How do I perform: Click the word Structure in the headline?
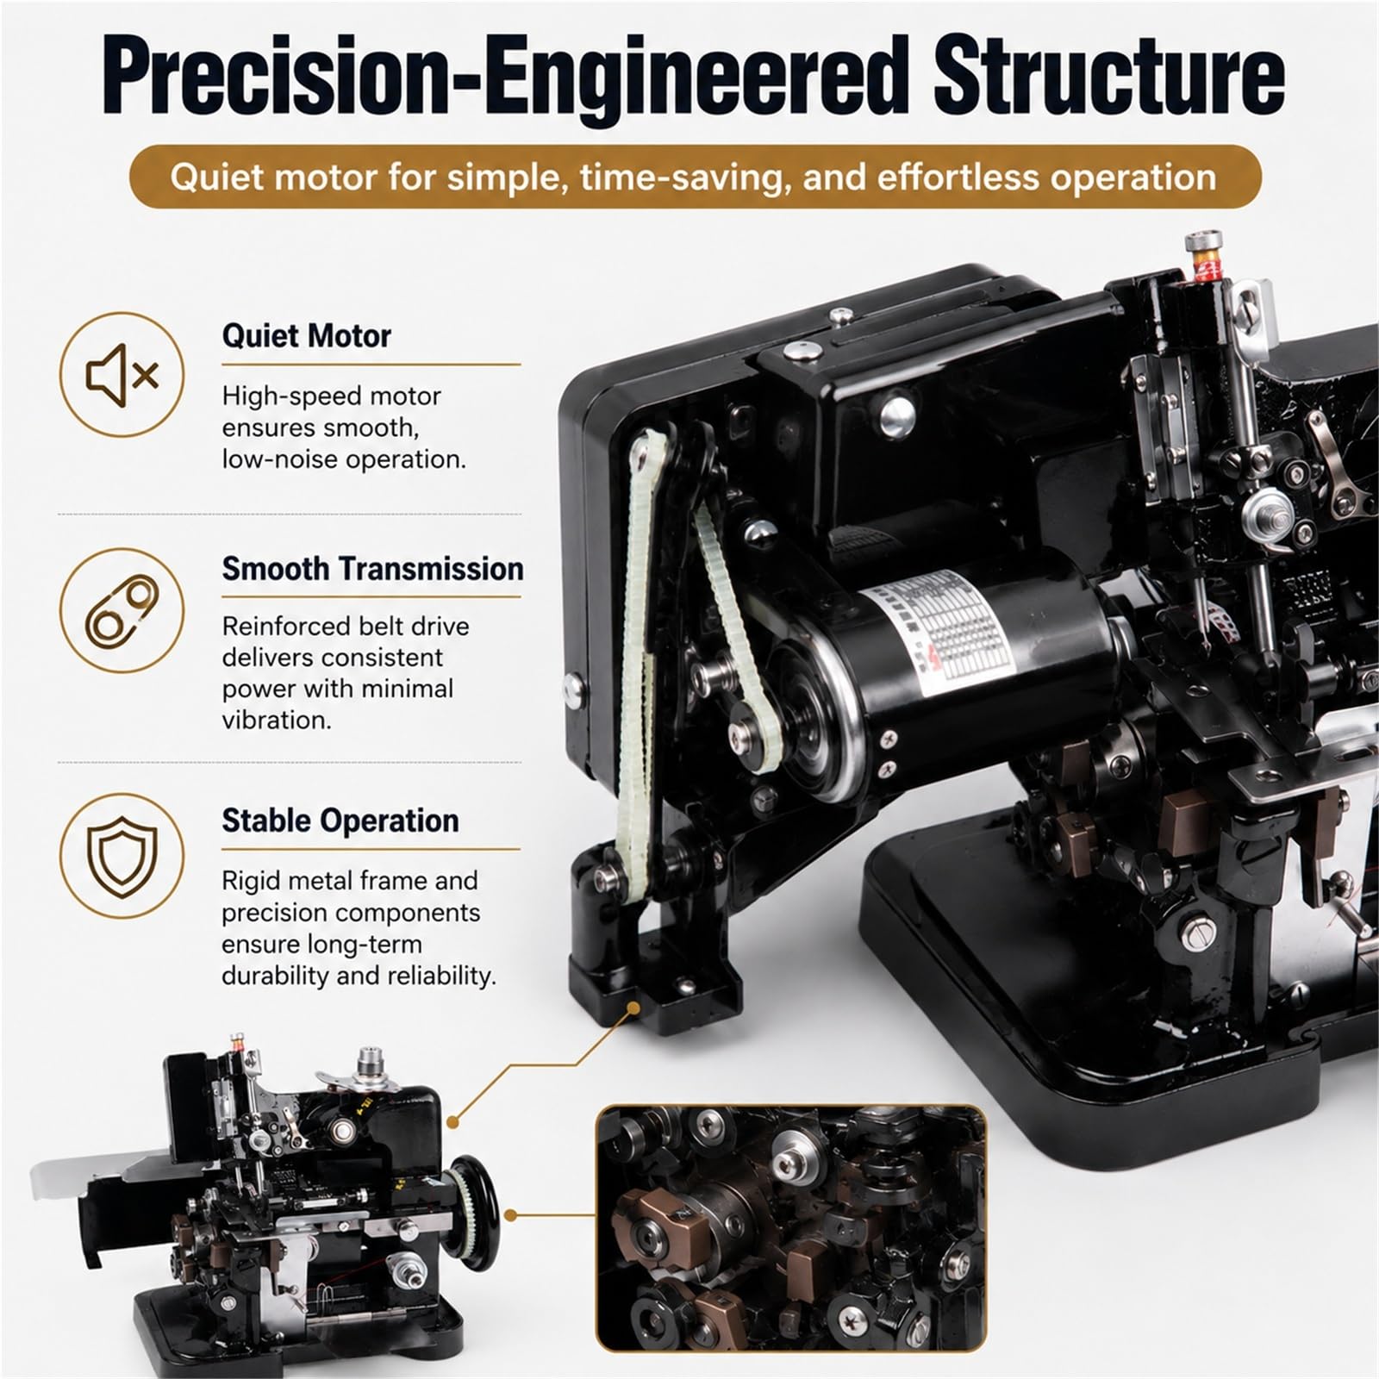click(1110, 76)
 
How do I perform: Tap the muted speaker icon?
click(122, 375)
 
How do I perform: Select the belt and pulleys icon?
click(122, 611)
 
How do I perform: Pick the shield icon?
click(122, 855)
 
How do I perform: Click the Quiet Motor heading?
click(306, 335)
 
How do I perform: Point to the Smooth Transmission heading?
click(372, 569)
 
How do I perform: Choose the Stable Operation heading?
click(340, 821)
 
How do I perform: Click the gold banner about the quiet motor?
click(695, 177)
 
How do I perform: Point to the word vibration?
click(277, 720)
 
